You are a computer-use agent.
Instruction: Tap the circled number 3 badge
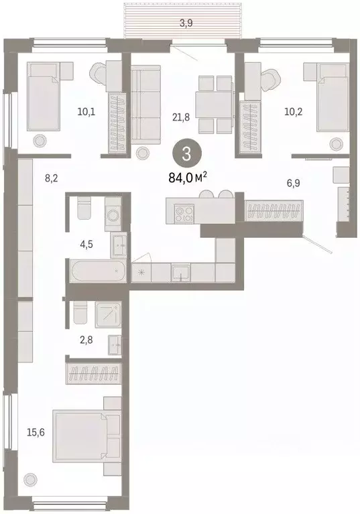click(186, 153)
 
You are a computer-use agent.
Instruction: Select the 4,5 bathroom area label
click(86, 244)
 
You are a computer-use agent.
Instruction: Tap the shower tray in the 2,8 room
click(109, 313)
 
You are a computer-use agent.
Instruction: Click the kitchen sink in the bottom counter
click(180, 272)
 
